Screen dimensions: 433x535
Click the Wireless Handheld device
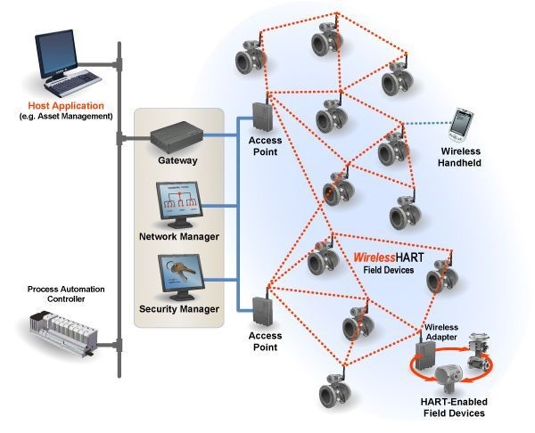coord(461,125)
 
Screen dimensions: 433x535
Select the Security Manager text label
coord(179,309)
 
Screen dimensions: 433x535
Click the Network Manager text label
coord(179,236)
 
